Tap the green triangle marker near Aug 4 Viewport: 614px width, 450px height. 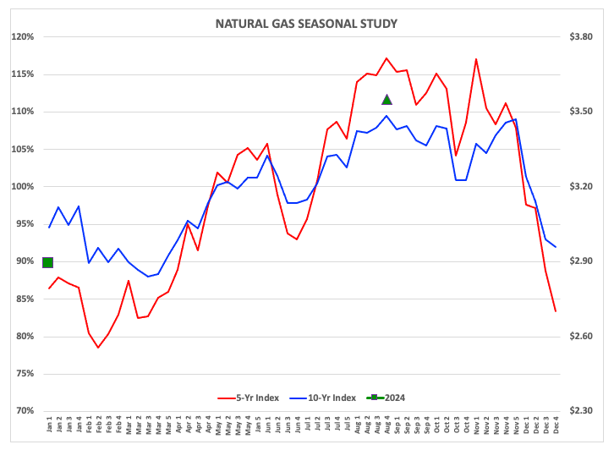(x=386, y=100)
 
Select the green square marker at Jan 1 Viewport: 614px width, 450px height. (x=48, y=262)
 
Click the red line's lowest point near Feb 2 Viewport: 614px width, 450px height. (x=98, y=348)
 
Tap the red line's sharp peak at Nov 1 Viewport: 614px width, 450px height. (x=477, y=59)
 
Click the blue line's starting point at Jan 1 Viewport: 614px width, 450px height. (x=49, y=228)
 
